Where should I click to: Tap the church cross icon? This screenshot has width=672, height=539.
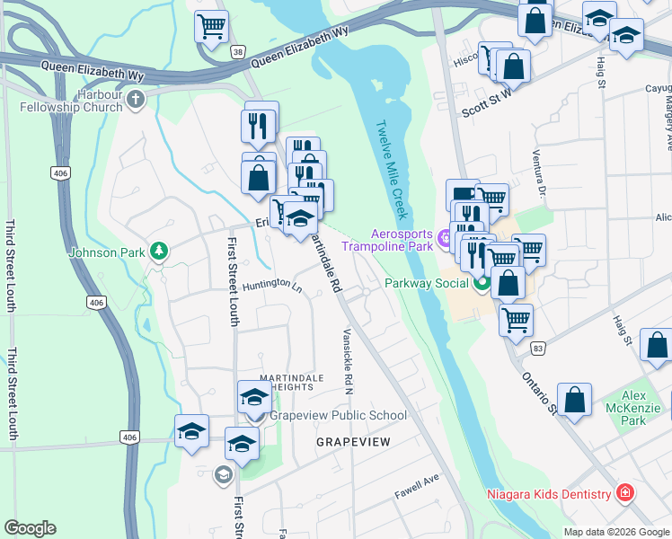136,99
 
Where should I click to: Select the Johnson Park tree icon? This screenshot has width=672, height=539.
158,251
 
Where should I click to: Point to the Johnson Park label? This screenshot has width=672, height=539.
107,252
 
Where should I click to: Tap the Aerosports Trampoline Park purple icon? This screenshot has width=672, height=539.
444,237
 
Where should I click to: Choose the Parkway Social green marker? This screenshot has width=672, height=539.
482,283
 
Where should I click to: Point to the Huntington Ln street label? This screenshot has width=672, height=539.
272,285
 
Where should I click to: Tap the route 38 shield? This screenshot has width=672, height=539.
237,53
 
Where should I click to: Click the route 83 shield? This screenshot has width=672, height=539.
537,347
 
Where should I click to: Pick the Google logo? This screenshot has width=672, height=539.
30,528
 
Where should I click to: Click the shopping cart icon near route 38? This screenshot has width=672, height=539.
211,27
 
